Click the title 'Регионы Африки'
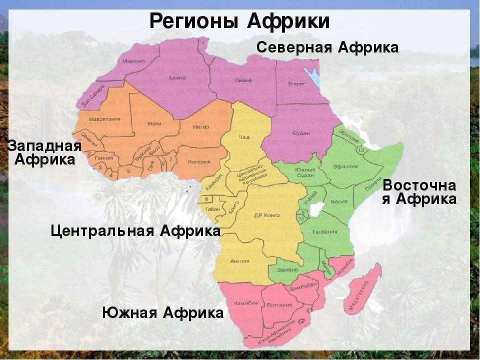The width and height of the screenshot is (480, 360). tap(239, 21)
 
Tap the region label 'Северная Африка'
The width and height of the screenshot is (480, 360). tap(327, 47)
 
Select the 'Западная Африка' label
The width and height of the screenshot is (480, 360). tap(44, 153)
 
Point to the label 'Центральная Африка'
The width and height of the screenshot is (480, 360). tap(135, 231)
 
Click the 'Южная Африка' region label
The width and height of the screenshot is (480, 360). tap(163, 313)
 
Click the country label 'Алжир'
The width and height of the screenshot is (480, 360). tap(177, 78)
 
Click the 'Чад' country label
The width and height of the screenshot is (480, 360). tap(244, 137)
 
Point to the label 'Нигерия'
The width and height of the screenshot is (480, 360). tap(198, 162)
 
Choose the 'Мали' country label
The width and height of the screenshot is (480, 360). tap(154, 122)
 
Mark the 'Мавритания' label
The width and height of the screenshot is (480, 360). tap(105, 119)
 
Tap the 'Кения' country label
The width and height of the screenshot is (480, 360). tap(339, 202)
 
